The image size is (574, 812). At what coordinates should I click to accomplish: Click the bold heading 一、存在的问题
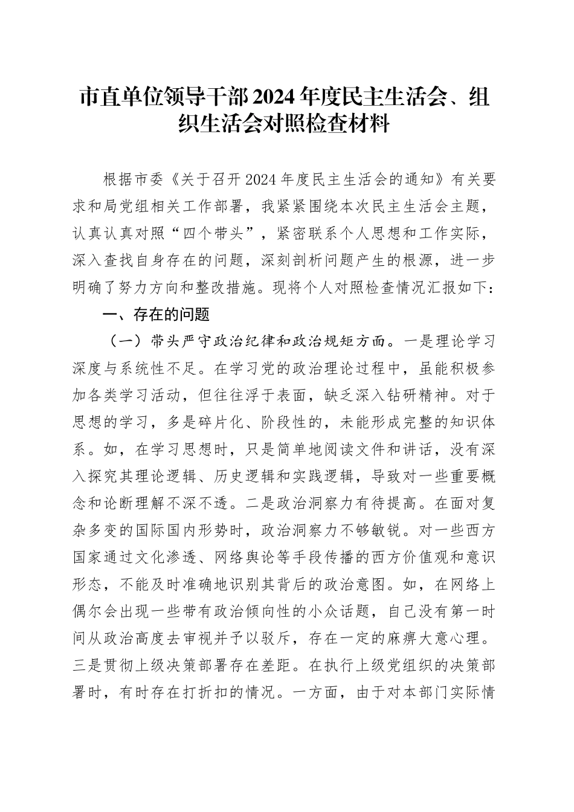[156, 315]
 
